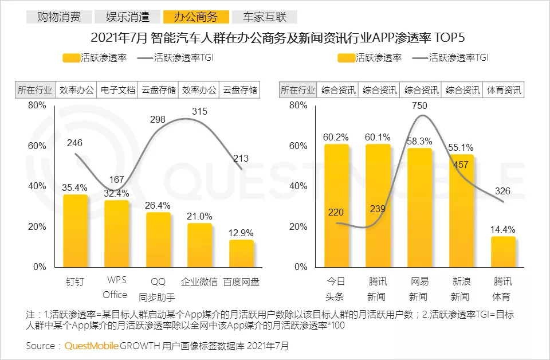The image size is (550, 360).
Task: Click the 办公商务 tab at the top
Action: click(195, 17)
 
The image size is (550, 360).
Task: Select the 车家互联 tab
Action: click(264, 17)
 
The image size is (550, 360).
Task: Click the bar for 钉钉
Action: click(75, 230)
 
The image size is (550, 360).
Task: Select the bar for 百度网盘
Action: click(241, 253)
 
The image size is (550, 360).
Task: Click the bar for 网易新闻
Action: click(420, 207)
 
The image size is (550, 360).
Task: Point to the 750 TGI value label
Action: click(419, 105)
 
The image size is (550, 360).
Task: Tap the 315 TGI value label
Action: click(199, 112)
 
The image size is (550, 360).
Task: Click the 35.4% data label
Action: click(75, 187)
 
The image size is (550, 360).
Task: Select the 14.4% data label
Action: click(503, 229)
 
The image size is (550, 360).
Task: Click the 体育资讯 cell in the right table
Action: click(504, 90)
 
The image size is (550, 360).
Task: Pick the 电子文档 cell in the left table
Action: click(118, 90)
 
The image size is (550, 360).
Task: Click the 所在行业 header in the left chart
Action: click(35, 90)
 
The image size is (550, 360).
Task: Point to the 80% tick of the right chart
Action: click(298, 105)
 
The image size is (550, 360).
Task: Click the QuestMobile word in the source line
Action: click(91, 346)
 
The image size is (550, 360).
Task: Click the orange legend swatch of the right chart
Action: click(346, 58)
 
